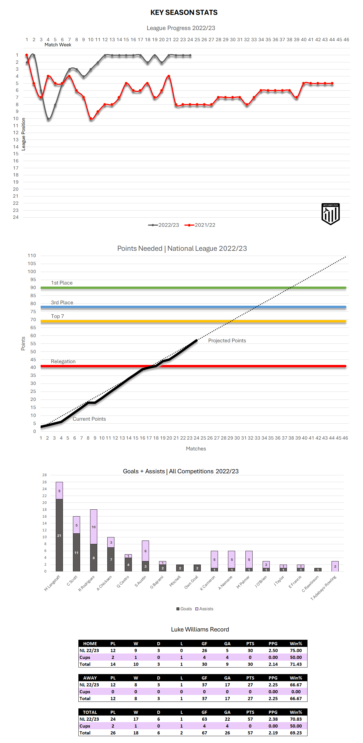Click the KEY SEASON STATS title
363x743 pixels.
coord(184,12)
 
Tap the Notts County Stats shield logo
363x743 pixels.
coord(330,214)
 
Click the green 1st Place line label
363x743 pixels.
coord(62,283)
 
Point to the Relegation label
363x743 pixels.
coord(63,361)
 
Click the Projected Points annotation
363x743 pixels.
coord(227,340)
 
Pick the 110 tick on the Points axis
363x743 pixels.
coord(32,256)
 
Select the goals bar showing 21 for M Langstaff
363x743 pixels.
coord(59,535)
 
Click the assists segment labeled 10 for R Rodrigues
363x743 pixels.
coord(94,527)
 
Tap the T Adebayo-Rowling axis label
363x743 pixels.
coord(324,588)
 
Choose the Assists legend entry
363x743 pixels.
coord(204,609)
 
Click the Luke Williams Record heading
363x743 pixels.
coord(200,629)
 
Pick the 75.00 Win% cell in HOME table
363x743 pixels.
coord(296,650)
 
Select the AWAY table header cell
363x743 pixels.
coord(90,678)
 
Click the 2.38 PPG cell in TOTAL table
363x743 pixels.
coord(273,719)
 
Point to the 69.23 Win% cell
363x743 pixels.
coord(296,733)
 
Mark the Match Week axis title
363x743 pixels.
coord(58,45)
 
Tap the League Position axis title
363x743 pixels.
coord(24,134)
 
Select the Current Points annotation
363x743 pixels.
coord(89,419)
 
